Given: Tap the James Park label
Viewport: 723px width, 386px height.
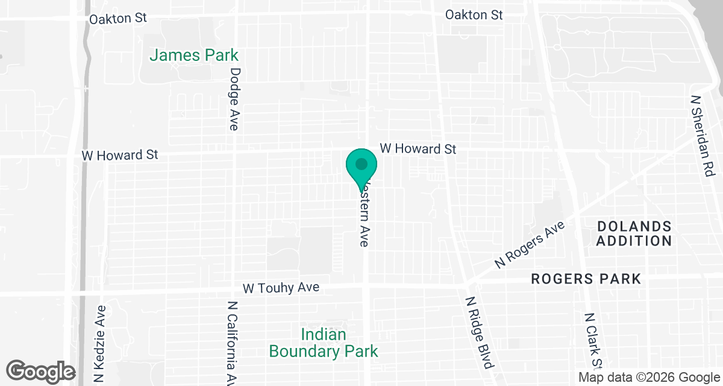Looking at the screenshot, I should coord(194,55).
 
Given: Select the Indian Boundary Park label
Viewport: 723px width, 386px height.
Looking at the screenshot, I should coord(324,343).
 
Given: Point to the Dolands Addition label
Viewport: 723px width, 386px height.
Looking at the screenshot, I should coord(634,233).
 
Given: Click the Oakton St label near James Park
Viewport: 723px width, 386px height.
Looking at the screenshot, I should coord(118,19).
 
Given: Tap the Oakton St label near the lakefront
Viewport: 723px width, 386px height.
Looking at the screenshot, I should coord(474,15).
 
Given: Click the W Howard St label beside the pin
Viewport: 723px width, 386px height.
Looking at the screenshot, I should coord(418,148).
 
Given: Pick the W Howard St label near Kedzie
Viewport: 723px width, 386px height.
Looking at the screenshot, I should coord(120,155).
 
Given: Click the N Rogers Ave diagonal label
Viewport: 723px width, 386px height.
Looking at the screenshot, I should coord(530,244).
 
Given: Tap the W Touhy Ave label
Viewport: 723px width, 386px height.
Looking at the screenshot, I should coord(281,288).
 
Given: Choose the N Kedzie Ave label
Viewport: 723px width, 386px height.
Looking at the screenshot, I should coord(101,344).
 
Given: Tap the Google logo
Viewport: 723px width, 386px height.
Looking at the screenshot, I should coord(41,372).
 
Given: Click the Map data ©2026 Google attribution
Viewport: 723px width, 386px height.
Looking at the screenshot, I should coord(649,378).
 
